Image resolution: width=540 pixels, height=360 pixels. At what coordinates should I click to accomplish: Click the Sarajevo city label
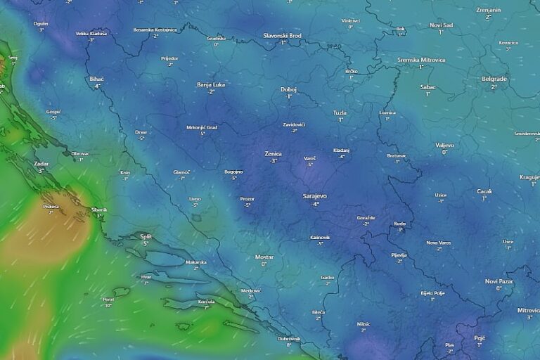click(314, 196)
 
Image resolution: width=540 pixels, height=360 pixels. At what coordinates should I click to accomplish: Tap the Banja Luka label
click(211, 84)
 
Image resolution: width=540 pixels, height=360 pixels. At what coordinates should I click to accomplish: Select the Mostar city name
click(264, 257)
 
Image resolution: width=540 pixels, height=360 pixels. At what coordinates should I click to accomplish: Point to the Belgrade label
click(494, 79)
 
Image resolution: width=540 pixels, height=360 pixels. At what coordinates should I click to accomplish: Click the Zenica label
click(273, 153)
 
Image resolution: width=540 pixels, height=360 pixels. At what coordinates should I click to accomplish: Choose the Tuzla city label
click(340, 112)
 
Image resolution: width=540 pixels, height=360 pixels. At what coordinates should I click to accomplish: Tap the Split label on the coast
click(146, 236)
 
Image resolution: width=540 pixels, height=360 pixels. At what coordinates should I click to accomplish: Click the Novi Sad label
click(441, 25)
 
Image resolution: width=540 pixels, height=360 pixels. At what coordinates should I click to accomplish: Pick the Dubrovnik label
click(289, 338)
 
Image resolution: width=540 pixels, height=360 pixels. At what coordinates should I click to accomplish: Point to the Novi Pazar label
click(499, 281)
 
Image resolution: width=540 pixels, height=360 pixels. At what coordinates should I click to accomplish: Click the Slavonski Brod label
click(282, 35)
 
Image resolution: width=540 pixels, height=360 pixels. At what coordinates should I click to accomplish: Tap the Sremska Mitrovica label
click(421, 60)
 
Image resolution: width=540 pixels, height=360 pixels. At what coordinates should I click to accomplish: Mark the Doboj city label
click(288, 89)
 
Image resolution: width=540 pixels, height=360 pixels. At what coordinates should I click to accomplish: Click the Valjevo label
click(444, 145)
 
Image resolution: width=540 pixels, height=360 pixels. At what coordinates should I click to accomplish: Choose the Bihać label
click(97, 79)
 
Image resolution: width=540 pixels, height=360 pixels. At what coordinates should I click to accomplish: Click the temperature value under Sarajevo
click(315, 204)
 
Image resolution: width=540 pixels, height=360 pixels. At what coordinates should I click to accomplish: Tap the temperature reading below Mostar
click(264, 264)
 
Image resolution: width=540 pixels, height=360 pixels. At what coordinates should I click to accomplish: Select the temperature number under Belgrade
click(494, 86)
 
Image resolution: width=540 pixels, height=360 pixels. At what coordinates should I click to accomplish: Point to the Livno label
click(195, 199)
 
